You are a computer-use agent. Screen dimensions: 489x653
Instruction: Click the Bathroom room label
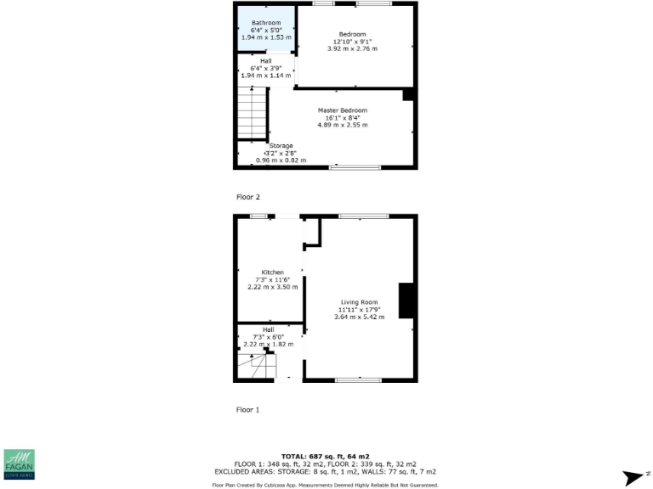coord(265,23)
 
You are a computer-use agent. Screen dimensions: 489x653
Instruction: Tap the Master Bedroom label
coord(343,110)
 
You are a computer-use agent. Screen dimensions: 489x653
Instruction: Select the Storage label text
coord(281,146)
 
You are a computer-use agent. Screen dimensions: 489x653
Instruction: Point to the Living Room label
coord(360,302)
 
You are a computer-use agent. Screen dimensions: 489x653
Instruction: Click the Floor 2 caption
coord(247,197)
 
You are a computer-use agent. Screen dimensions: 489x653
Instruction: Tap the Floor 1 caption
coord(247,409)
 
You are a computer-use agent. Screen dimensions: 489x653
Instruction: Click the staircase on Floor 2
coord(252,115)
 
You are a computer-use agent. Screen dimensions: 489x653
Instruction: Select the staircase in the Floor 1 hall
coord(257,364)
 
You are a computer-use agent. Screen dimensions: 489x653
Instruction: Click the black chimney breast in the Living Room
coord(406,301)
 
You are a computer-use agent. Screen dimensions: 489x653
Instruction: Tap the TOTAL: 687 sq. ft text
coord(326,456)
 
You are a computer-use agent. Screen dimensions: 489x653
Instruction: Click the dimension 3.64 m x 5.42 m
coord(360,317)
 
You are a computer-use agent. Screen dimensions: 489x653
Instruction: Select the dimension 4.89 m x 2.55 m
coord(343,125)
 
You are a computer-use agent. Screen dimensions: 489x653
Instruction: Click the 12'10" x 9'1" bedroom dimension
coord(352,42)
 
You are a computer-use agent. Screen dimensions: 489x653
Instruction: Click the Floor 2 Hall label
coord(265,61)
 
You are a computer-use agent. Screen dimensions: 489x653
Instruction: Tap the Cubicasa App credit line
coord(326,485)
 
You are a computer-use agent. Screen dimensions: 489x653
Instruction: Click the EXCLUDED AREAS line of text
coord(326,471)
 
